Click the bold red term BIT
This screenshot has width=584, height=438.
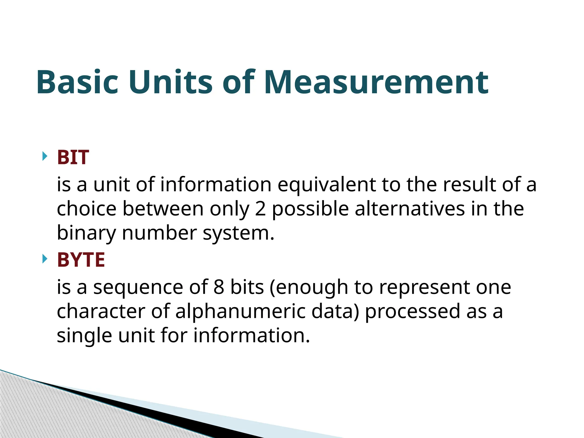point(73,157)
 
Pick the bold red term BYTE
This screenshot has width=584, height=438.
point(81,260)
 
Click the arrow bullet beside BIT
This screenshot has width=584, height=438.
point(44,156)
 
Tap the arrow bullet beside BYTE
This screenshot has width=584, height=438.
point(44,259)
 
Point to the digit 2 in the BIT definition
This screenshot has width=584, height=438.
point(260,209)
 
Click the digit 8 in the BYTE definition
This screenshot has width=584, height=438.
point(219,287)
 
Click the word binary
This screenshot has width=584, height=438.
point(86,233)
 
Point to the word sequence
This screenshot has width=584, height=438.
point(138,288)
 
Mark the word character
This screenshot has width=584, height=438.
point(101,311)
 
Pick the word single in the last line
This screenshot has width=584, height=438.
point(84,336)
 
